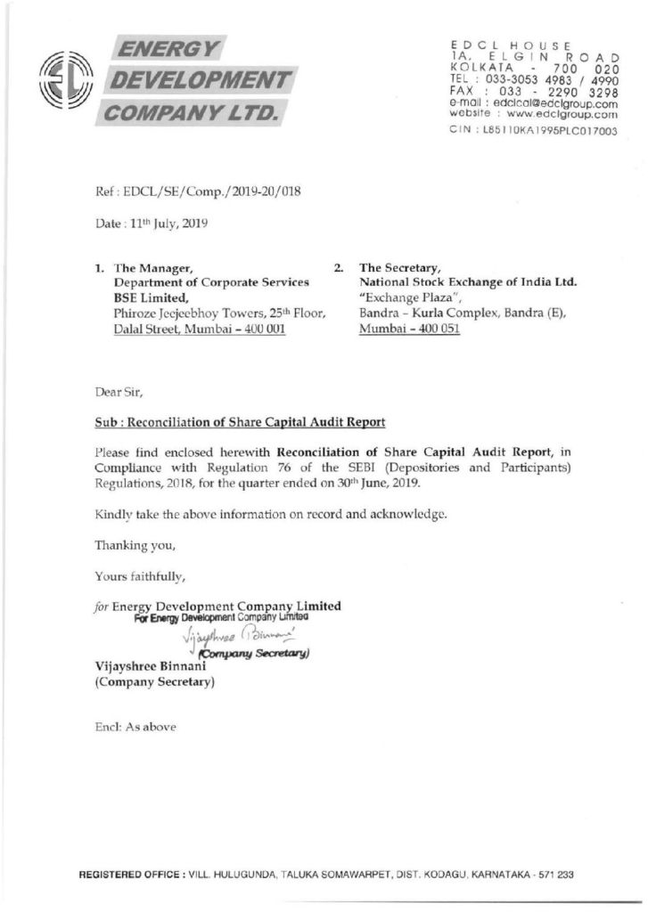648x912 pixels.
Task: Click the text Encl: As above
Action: [135, 726]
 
